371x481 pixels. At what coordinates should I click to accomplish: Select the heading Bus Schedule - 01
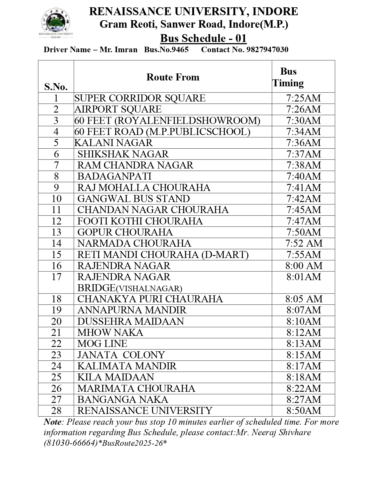[203, 38]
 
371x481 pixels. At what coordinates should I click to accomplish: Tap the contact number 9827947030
[267, 50]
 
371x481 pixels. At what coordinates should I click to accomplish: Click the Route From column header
[173, 77]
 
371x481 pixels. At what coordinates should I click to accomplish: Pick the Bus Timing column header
[288, 77]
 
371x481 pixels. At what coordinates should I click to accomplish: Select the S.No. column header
[56, 87]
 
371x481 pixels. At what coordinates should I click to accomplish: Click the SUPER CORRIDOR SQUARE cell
[140, 98]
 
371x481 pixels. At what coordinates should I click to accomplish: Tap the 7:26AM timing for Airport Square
[303, 109]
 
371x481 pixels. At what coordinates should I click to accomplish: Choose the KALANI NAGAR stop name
[113, 143]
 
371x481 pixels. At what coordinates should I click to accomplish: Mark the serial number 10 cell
[56, 199]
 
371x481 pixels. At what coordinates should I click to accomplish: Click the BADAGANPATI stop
[114, 176]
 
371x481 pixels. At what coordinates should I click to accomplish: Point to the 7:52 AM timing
[303, 243]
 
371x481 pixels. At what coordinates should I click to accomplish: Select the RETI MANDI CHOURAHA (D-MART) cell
[163, 255]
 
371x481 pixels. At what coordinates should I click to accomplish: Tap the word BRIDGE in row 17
[96, 288]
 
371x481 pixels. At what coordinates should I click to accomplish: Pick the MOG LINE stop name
[102, 344]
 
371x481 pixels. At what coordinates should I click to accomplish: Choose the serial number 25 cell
[56, 377]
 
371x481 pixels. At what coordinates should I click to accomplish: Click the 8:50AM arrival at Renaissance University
[303, 411]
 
